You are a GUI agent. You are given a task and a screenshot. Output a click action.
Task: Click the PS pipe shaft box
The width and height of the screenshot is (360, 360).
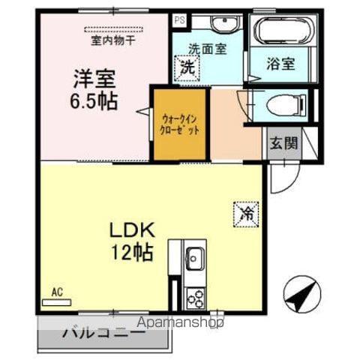pos(180,20)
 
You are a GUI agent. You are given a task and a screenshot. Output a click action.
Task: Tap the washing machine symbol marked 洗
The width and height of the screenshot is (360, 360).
pos(187,68)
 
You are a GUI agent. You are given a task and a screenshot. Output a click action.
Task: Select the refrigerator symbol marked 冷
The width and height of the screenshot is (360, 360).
pos(246,214)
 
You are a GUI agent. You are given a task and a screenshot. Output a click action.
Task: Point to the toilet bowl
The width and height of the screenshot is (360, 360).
pos(286,105)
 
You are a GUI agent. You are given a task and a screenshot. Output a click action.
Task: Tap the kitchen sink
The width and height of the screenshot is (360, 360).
pos(195,258)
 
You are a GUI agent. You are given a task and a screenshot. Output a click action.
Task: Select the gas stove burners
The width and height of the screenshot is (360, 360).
pos(196,298)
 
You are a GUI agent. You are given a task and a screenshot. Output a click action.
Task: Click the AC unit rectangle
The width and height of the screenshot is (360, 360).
pos(57,302)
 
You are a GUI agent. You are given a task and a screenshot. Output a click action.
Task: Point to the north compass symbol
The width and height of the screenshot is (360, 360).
pos(302,294)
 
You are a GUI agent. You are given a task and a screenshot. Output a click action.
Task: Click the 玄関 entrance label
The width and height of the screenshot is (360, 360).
pos(283,143)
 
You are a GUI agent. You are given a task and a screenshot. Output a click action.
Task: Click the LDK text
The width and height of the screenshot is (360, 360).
pos(132,230)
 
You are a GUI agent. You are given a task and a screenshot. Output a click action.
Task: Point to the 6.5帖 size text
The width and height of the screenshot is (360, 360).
pos(94,101)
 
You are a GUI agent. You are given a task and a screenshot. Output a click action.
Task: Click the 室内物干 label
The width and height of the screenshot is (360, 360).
pos(113,40)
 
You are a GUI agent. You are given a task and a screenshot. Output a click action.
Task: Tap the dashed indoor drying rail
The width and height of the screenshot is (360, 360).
pos(114,29)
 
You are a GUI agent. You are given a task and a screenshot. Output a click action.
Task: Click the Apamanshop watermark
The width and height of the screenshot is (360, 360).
pos(180,322)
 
